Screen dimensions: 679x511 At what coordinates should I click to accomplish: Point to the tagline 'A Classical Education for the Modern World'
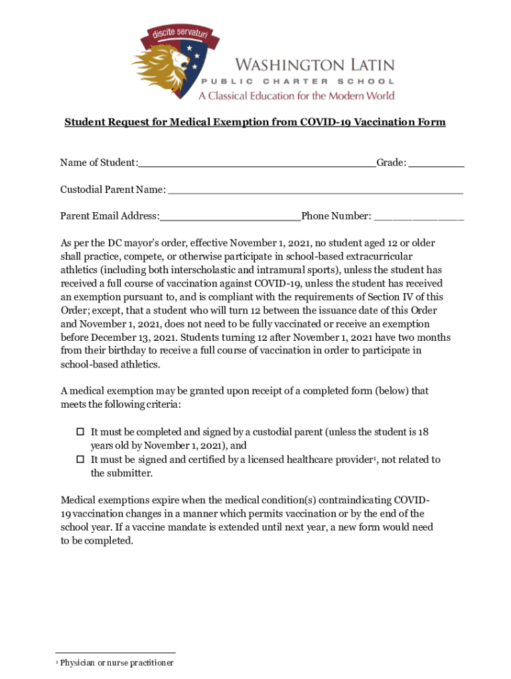pyautogui.click(x=296, y=95)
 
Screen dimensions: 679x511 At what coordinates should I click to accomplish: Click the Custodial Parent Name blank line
pyautogui.click(x=315, y=192)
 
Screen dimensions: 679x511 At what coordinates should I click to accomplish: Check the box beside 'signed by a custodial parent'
pyautogui.click(x=80, y=432)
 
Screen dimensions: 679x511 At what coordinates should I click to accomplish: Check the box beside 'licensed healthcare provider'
pyautogui.click(x=80, y=460)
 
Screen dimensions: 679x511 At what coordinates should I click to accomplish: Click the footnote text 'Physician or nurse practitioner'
pyautogui.click(x=117, y=663)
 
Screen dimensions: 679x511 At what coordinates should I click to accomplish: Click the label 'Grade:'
pyautogui.click(x=392, y=163)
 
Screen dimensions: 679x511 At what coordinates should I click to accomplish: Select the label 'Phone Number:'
pyautogui.click(x=337, y=216)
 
